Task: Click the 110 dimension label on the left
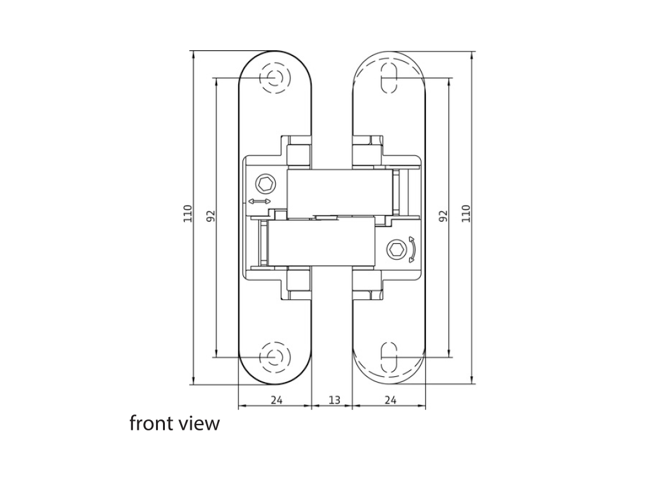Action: click(188, 214)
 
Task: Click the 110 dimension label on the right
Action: click(466, 214)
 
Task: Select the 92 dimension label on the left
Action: click(211, 216)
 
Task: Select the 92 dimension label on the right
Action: click(443, 216)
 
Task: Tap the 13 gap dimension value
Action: click(334, 400)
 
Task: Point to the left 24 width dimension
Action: click(276, 400)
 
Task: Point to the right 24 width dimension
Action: click(390, 400)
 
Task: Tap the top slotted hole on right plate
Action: click(389, 78)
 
